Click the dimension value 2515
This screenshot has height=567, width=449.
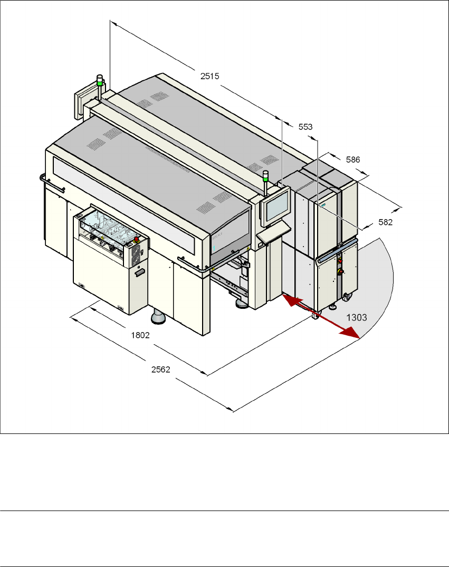pyautogui.click(x=209, y=75)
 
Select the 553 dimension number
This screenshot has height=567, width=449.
pyautogui.click(x=305, y=127)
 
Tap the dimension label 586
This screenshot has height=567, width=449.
pyautogui.click(x=354, y=158)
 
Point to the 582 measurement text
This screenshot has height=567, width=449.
pyautogui.click(x=386, y=223)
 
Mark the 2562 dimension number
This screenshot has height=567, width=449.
pyautogui.click(x=160, y=370)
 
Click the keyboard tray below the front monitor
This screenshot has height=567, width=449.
pyautogui.click(x=274, y=232)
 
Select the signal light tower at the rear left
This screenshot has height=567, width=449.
pyautogui.click(x=100, y=87)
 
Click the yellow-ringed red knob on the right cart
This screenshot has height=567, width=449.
pyautogui.click(x=341, y=271)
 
